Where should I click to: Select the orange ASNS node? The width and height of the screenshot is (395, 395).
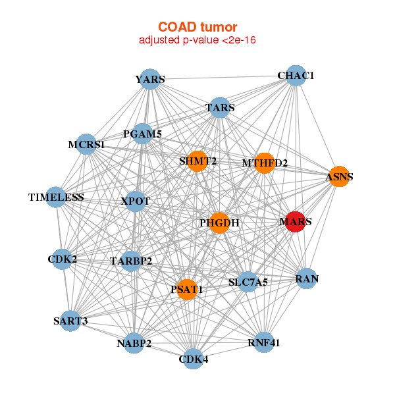[338, 176]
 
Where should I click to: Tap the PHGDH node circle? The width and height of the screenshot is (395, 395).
[219, 223]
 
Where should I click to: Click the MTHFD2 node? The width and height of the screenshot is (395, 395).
[264, 163]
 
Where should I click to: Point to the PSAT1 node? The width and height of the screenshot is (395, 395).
[188, 290]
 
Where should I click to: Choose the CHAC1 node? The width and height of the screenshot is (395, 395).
[296, 76]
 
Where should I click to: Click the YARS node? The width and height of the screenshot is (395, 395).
[151, 80]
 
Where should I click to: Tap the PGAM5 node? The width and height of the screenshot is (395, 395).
[143, 134]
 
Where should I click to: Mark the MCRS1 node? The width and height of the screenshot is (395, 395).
[86, 144]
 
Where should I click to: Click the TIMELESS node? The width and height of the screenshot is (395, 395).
[56, 197]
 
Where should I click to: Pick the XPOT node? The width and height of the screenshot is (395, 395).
[135, 201]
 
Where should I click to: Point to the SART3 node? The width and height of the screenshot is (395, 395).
[70, 321]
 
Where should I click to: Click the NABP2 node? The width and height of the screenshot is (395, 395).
[134, 343]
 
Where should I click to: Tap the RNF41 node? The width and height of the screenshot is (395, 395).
[263, 342]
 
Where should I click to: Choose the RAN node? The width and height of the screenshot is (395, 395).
[307, 279]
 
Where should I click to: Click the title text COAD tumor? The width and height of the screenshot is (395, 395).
[197, 27]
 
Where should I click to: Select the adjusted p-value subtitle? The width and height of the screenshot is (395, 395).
[197, 40]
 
